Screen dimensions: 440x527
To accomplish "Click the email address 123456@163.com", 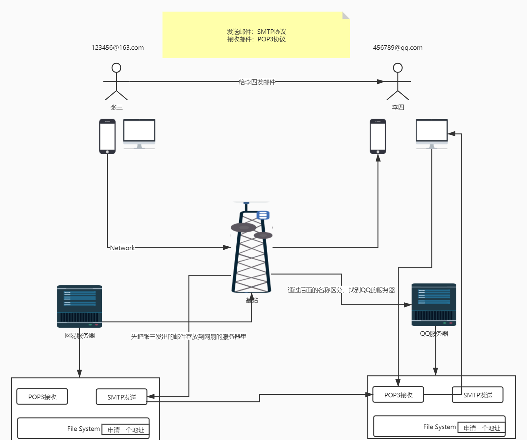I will [117, 48].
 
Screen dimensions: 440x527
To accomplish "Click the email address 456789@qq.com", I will [397, 48].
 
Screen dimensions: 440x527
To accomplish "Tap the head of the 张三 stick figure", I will [116, 68].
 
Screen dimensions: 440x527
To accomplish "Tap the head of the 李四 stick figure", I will [398, 68].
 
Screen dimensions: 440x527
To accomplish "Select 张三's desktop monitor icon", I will [139, 133].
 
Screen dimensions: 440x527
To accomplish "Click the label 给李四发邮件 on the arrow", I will [257, 82].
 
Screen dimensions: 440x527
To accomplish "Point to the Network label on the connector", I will [122, 248].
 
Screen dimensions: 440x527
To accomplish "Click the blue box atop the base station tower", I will [263, 215].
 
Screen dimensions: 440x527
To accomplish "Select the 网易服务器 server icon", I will [80, 306].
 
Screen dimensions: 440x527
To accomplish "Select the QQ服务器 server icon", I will [434, 304].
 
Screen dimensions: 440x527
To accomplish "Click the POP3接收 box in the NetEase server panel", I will [42, 397].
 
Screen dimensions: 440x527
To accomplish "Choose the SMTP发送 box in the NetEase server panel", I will [122, 397].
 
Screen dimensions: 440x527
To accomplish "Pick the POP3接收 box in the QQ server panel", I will [398, 395].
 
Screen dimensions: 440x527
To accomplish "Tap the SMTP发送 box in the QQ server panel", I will [478, 395].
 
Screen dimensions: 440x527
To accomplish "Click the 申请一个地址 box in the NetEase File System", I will [126, 430].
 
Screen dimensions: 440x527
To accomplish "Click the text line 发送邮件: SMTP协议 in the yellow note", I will [256, 32].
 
